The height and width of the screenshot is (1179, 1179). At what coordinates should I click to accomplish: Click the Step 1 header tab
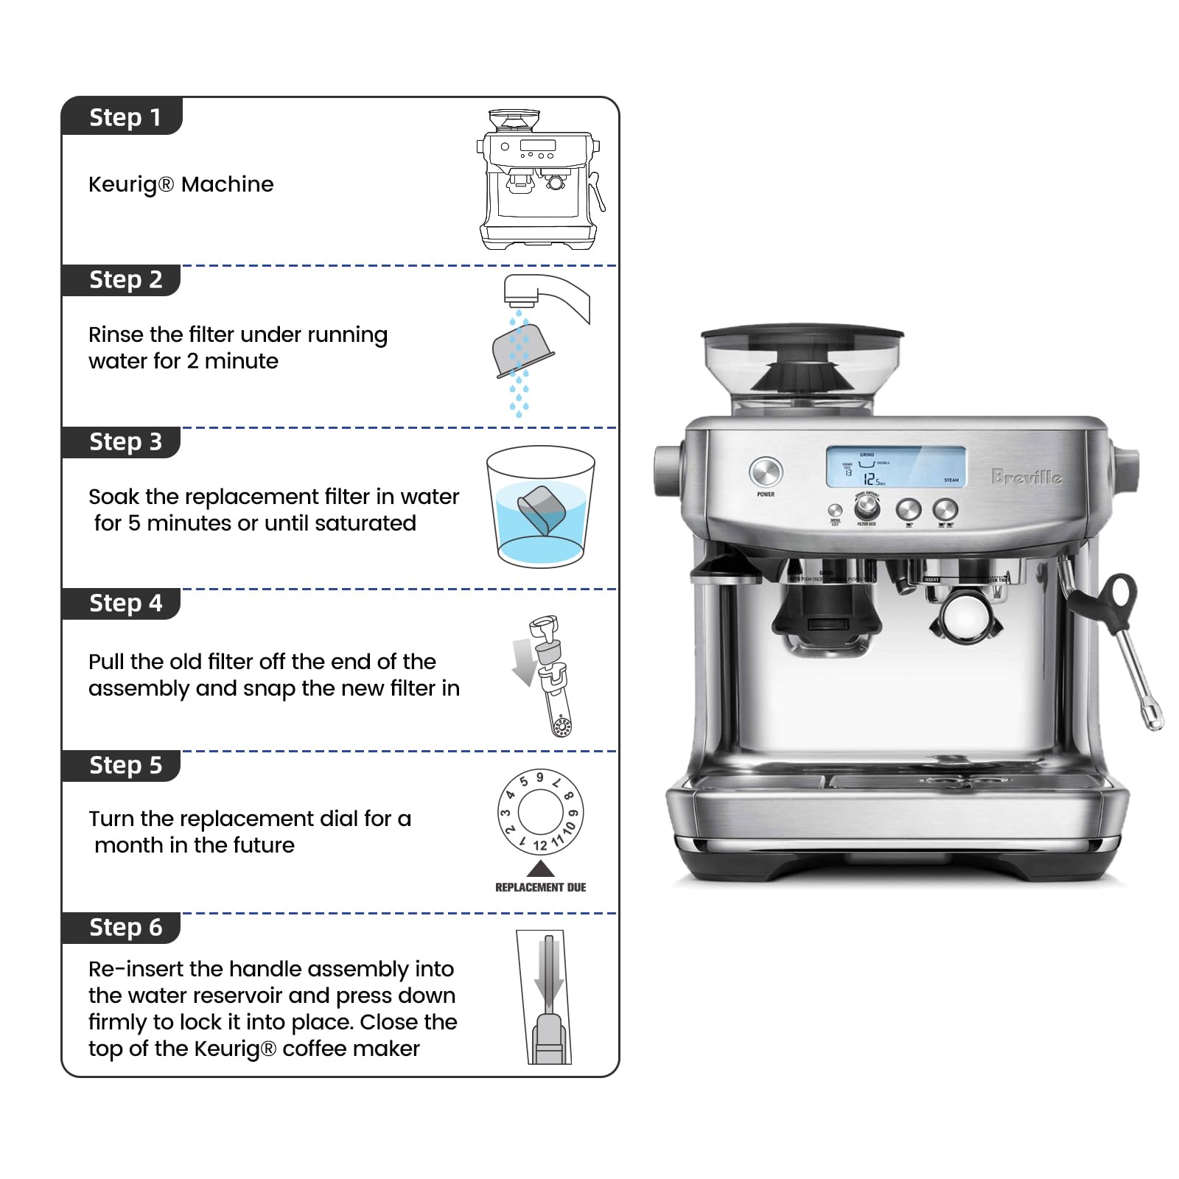coord(123,117)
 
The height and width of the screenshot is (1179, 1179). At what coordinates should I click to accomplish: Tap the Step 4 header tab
coord(123,603)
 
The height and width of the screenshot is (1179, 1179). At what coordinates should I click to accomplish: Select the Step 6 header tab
coord(123,927)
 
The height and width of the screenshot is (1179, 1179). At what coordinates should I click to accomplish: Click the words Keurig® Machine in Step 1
coord(181,184)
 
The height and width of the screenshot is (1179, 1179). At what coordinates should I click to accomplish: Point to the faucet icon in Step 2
coord(546,295)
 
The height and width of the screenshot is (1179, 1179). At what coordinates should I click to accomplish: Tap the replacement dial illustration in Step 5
coord(540,811)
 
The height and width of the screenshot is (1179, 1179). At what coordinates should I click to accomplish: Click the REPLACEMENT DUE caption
coord(540,887)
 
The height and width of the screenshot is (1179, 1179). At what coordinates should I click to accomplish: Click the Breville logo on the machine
coord(1026,477)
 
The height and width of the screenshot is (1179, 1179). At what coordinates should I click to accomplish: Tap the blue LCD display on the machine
coord(895,466)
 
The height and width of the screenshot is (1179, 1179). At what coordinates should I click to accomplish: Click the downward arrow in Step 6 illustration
coord(549,973)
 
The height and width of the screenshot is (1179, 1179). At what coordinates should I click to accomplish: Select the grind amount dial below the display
coord(867,507)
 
